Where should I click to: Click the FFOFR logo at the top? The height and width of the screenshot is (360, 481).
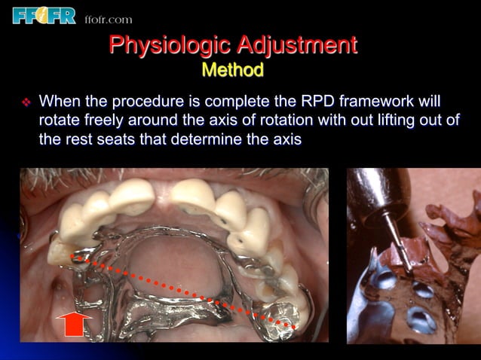pyautogui.click(x=44, y=14)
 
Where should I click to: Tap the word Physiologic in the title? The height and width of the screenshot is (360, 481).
pyautogui.click(x=168, y=45)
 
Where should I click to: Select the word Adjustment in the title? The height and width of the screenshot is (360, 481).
pyautogui.click(x=298, y=45)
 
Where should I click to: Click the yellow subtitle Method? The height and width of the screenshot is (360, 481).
pyautogui.click(x=233, y=71)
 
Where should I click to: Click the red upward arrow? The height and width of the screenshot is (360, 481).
pyautogui.click(x=73, y=325)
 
